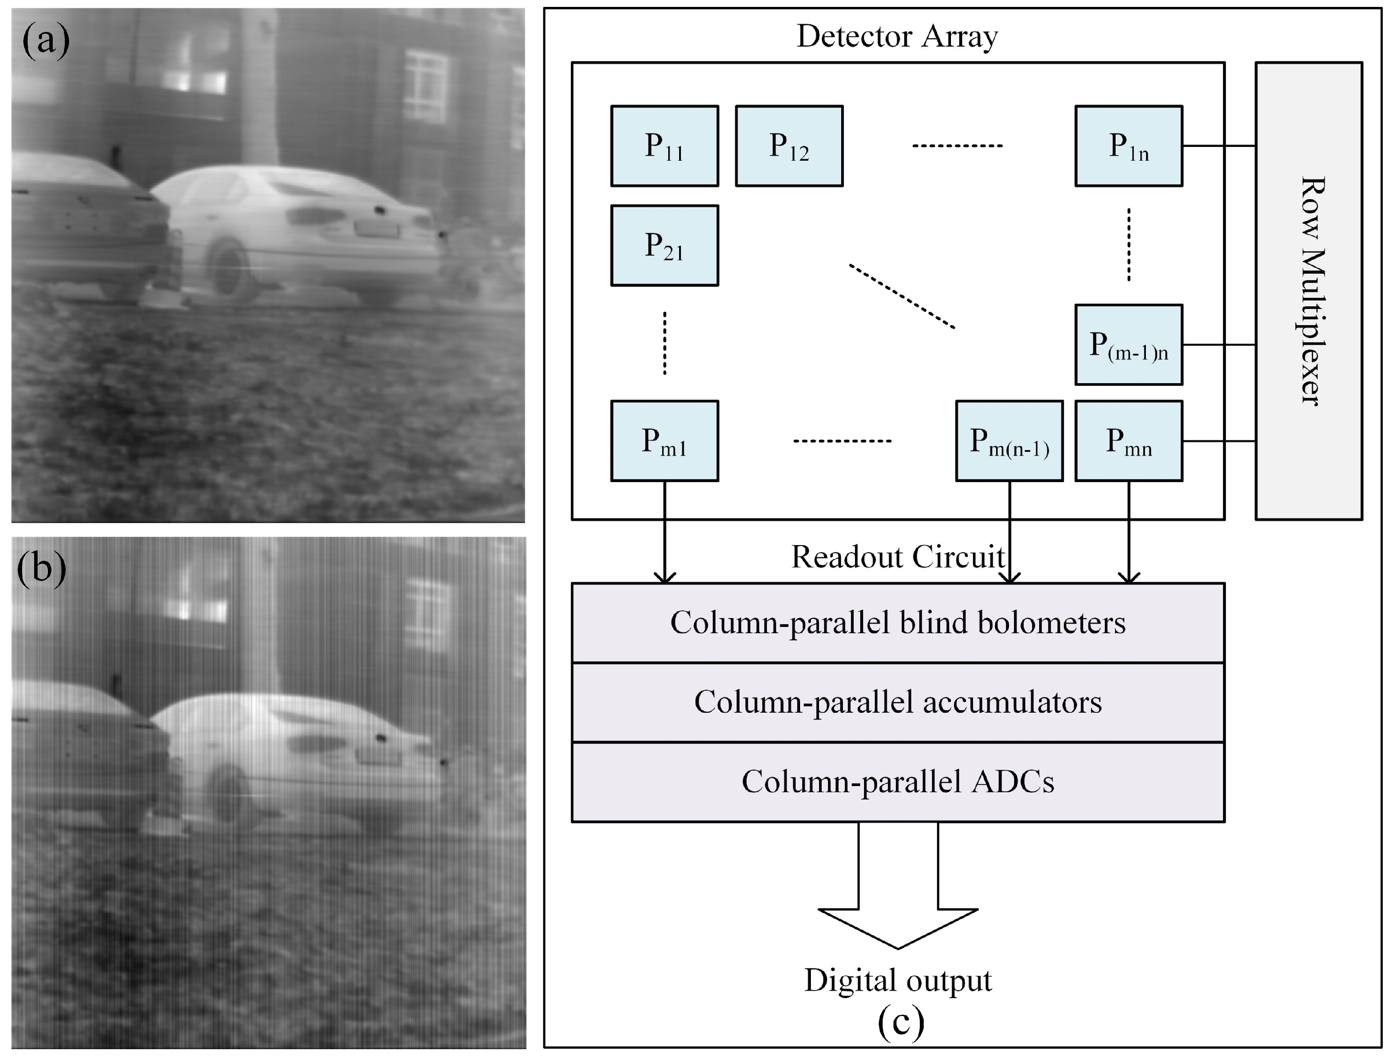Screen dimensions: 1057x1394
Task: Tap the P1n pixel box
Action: click(x=1128, y=146)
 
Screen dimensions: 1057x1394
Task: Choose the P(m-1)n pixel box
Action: click(x=1128, y=345)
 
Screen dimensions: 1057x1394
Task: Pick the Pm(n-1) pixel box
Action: click(x=1009, y=441)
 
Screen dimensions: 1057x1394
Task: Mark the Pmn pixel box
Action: click(x=1128, y=441)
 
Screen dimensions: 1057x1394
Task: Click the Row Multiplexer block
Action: click(x=1309, y=290)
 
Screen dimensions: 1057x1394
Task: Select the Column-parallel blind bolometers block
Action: click(x=897, y=622)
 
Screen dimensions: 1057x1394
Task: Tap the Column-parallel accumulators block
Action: click(x=897, y=702)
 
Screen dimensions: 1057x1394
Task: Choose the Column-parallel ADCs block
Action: click(x=897, y=782)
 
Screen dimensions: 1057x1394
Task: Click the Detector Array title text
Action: click(x=897, y=36)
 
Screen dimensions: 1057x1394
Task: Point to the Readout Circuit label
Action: click(x=897, y=557)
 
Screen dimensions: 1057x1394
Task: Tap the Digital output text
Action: click(x=897, y=980)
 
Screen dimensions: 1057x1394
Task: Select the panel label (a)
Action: click(x=45, y=41)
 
